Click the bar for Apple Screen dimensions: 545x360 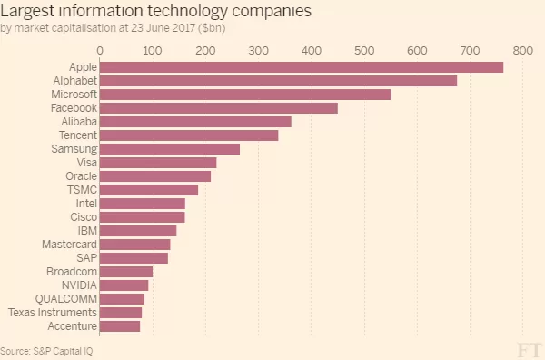pos(302,67)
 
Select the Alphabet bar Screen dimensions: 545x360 pos(278,81)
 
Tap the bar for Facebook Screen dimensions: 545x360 pos(219,108)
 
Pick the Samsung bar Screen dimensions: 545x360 pos(170,149)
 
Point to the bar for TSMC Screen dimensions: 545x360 pos(149,190)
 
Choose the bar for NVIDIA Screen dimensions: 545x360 pos(124,285)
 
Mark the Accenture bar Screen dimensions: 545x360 pos(120,326)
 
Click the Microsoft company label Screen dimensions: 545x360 pos(74,95)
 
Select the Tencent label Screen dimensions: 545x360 pos(78,135)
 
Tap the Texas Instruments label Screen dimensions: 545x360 pos(53,313)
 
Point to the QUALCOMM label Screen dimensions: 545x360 pos(66,299)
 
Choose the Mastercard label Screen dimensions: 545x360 pos(70,245)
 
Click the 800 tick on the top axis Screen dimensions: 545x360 pos(523,51)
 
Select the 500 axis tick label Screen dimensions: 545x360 pos(364,51)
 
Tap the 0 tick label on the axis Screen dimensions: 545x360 pos(100,51)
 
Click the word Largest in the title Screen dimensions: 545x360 pos(27,11)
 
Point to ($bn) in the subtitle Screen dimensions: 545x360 pos(212,28)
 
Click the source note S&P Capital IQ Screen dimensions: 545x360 pos(63,351)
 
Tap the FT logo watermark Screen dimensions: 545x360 pos(529,350)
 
